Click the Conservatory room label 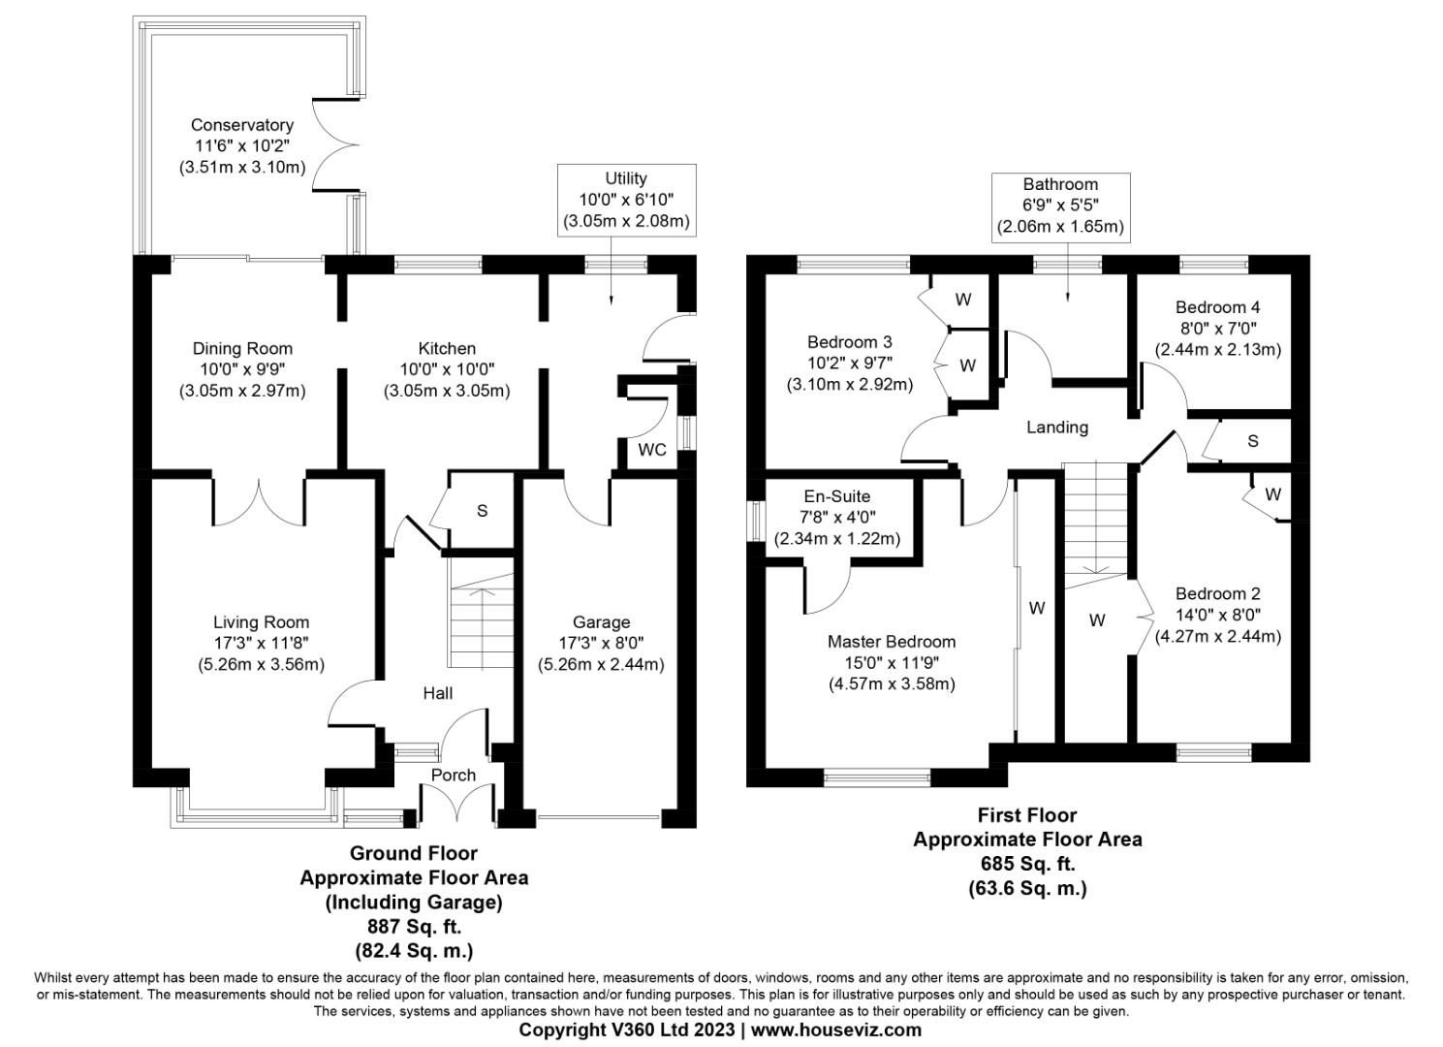click(x=241, y=125)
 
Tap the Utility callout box click(x=626, y=200)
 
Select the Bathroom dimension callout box click(x=1060, y=206)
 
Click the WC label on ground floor click(x=651, y=450)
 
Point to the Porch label click(x=454, y=776)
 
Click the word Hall click(x=437, y=693)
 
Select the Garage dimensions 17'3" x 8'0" click(x=601, y=643)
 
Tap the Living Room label click(x=261, y=622)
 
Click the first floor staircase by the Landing click(x=1097, y=523)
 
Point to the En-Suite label click(x=837, y=496)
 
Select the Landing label click(x=1057, y=427)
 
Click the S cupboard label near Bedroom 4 click(x=1252, y=441)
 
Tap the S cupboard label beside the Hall click(x=482, y=511)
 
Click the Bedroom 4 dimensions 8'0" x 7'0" click(x=1217, y=329)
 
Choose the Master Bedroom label click(x=891, y=642)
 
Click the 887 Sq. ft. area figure click(x=414, y=926)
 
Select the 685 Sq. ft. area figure click(x=1027, y=863)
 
